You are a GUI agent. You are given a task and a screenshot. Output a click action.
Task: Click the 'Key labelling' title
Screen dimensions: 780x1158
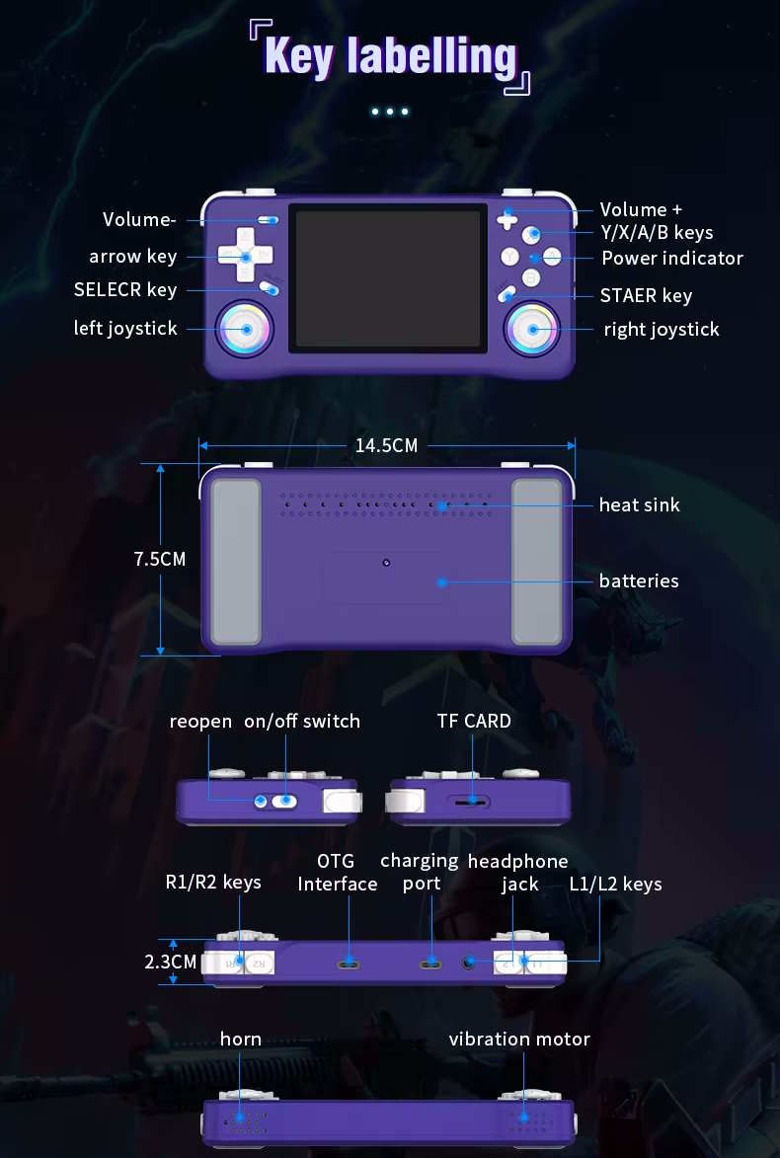(390, 57)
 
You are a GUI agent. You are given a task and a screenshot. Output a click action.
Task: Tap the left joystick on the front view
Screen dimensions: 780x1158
(245, 330)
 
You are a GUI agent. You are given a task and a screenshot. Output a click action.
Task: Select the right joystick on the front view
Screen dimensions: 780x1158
(532, 330)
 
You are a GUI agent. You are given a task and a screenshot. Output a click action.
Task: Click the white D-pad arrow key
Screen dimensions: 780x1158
(245, 255)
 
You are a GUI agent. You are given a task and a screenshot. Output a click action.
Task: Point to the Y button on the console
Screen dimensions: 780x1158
(509, 257)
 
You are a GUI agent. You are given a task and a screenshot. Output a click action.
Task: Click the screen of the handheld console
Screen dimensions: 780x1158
(388, 278)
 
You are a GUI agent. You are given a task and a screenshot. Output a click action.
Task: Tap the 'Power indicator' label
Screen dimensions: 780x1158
(672, 258)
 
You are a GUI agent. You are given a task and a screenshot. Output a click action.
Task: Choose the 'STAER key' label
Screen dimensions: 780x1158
(646, 295)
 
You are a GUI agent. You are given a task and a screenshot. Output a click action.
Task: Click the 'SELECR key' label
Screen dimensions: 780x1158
(125, 289)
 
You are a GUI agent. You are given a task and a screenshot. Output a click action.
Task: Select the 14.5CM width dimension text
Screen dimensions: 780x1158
(386, 445)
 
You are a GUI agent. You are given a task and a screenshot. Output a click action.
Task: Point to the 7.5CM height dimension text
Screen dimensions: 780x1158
(160, 559)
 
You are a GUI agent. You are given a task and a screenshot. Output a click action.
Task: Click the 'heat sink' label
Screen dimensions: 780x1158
(639, 505)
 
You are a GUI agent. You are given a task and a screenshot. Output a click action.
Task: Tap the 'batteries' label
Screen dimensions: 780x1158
(639, 581)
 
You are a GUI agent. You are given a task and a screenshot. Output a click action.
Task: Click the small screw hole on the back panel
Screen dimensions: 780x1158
(386, 563)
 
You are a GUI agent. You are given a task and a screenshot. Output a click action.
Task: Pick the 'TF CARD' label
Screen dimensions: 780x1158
(474, 721)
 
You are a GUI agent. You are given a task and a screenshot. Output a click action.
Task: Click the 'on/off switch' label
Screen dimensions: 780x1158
(302, 722)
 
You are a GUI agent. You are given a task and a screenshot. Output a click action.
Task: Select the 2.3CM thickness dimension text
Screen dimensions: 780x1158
(171, 962)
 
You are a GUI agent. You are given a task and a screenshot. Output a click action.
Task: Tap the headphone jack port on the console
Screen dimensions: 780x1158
(468, 963)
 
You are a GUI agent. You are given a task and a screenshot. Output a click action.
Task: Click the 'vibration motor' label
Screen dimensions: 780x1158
(519, 1040)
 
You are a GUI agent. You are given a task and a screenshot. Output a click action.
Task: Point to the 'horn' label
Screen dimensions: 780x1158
(241, 1040)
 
